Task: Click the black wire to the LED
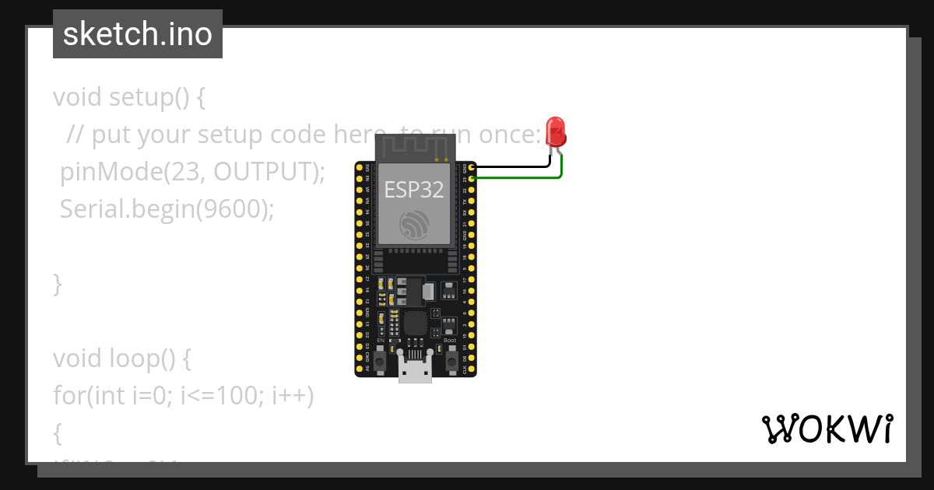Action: click(514, 166)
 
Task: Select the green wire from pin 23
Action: click(518, 178)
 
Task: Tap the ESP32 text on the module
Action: click(414, 189)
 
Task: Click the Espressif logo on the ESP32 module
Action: click(414, 224)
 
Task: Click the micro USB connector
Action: click(415, 368)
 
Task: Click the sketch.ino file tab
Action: click(138, 34)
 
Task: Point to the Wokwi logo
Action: click(827, 429)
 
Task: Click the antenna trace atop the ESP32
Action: click(414, 145)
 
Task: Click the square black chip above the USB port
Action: click(415, 324)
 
